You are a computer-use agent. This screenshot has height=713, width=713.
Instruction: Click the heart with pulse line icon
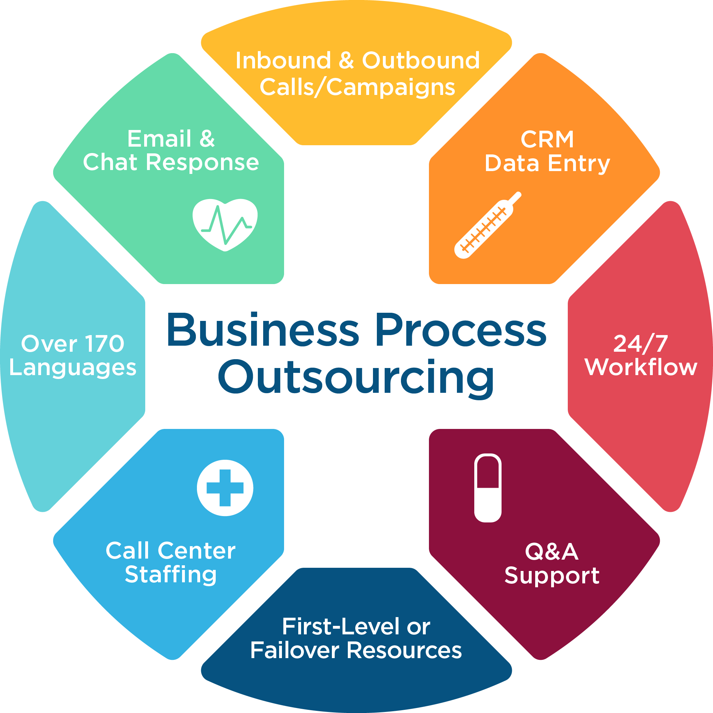click(225, 224)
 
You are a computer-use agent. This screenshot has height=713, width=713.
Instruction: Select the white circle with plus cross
click(225, 487)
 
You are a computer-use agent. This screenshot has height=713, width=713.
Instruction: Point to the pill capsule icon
click(487, 487)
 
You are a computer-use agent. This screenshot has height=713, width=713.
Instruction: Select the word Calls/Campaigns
click(357, 87)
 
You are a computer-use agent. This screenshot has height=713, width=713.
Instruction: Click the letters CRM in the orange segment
click(547, 139)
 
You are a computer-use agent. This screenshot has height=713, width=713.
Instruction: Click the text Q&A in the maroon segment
click(551, 551)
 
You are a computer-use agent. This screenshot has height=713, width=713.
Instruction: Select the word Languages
click(73, 368)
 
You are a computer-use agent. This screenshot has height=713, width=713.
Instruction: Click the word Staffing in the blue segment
click(170, 575)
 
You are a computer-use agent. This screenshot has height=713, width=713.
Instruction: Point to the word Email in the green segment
click(159, 139)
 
